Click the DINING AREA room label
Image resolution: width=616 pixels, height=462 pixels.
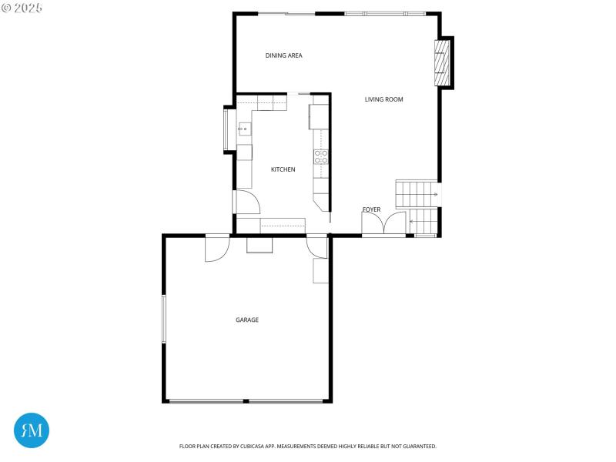pyautogui.click(x=283, y=55)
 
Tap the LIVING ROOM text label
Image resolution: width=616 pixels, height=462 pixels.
pyautogui.click(x=383, y=99)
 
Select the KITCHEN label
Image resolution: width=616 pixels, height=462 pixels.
pyautogui.click(x=283, y=169)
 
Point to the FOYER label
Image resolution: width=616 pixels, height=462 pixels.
pyautogui.click(x=371, y=209)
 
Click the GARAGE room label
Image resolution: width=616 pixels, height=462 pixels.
pyautogui.click(x=247, y=320)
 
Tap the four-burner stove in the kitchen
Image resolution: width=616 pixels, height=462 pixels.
pyautogui.click(x=321, y=157)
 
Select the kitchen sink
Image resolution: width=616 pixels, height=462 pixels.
pyautogui.click(x=243, y=129)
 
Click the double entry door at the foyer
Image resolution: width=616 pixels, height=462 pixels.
pyautogui.click(x=384, y=223)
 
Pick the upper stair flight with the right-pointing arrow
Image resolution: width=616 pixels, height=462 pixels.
pyautogui.click(x=416, y=194)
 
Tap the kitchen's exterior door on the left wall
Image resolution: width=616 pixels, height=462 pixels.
pyautogui.click(x=245, y=202)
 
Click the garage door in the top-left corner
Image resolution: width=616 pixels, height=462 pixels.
pyautogui.click(x=216, y=248)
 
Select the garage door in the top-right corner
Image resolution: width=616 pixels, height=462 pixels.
pyautogui.click(x=316, y=246)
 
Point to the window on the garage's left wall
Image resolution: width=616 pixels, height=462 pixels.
pyautogui.click(x=163, y=318)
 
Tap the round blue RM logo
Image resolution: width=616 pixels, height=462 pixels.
pyautogui.click(x=32, y=430)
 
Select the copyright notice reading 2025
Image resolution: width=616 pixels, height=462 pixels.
pyautogui.click(x=22, y=8)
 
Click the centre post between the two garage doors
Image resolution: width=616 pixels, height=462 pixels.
pyautogui.click(x=246, y=401)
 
